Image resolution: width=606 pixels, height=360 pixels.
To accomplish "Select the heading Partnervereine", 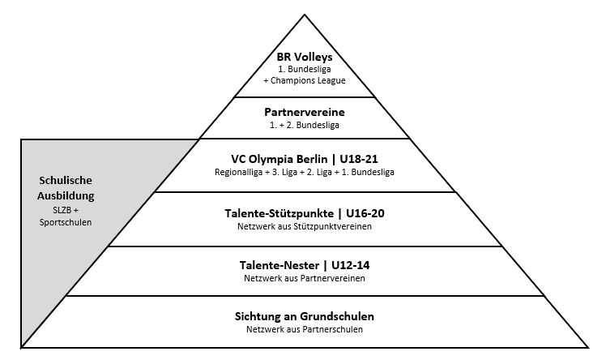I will [305, 112].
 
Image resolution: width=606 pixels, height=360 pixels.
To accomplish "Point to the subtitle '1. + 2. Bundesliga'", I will [305, 126].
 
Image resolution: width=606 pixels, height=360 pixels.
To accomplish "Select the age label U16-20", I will [360, 213].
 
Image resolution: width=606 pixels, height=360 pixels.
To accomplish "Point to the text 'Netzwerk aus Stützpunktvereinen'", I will [305, 227].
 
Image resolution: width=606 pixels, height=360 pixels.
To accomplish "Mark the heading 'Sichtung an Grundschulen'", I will [305, 316].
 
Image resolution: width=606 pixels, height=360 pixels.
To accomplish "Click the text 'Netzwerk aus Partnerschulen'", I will [305, 330].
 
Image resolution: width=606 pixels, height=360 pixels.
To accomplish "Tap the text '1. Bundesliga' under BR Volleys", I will [305, 71].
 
